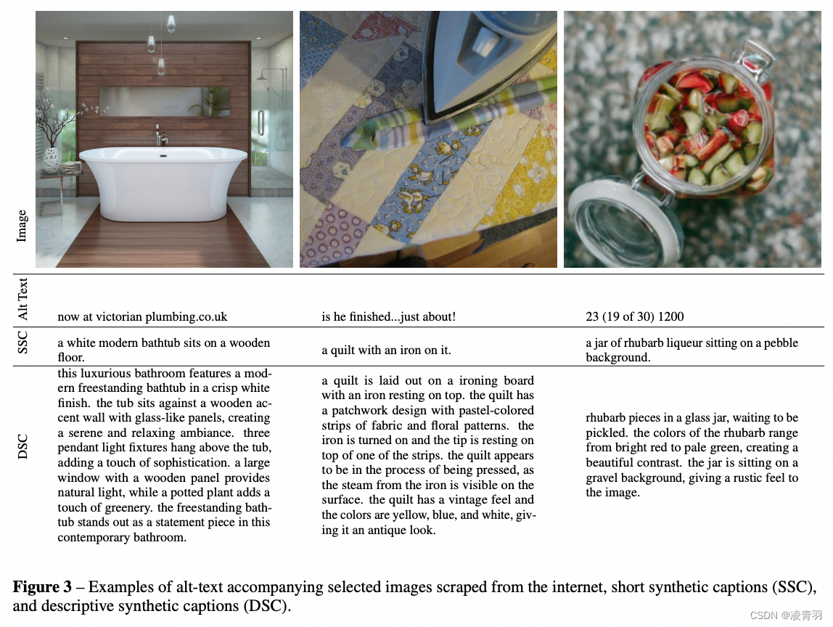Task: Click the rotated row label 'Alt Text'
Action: (23, 299)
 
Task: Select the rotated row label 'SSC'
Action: (23, 343)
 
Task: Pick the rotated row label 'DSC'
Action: (23, 447)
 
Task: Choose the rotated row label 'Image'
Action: (22, 226)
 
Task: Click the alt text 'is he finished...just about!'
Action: (388, 316)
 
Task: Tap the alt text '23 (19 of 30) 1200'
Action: (634, 316)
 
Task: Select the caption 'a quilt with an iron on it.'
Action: (386, 350)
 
